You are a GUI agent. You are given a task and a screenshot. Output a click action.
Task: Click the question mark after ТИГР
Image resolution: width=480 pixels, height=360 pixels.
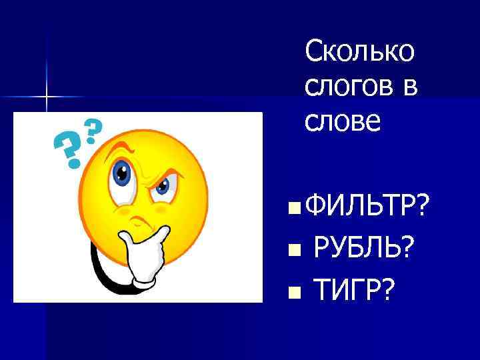[388, 290]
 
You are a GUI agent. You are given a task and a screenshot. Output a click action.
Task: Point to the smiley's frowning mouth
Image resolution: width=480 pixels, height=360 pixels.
[139, 220]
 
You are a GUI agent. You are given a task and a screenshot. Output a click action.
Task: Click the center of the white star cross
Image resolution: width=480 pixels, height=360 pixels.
[47, 97]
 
